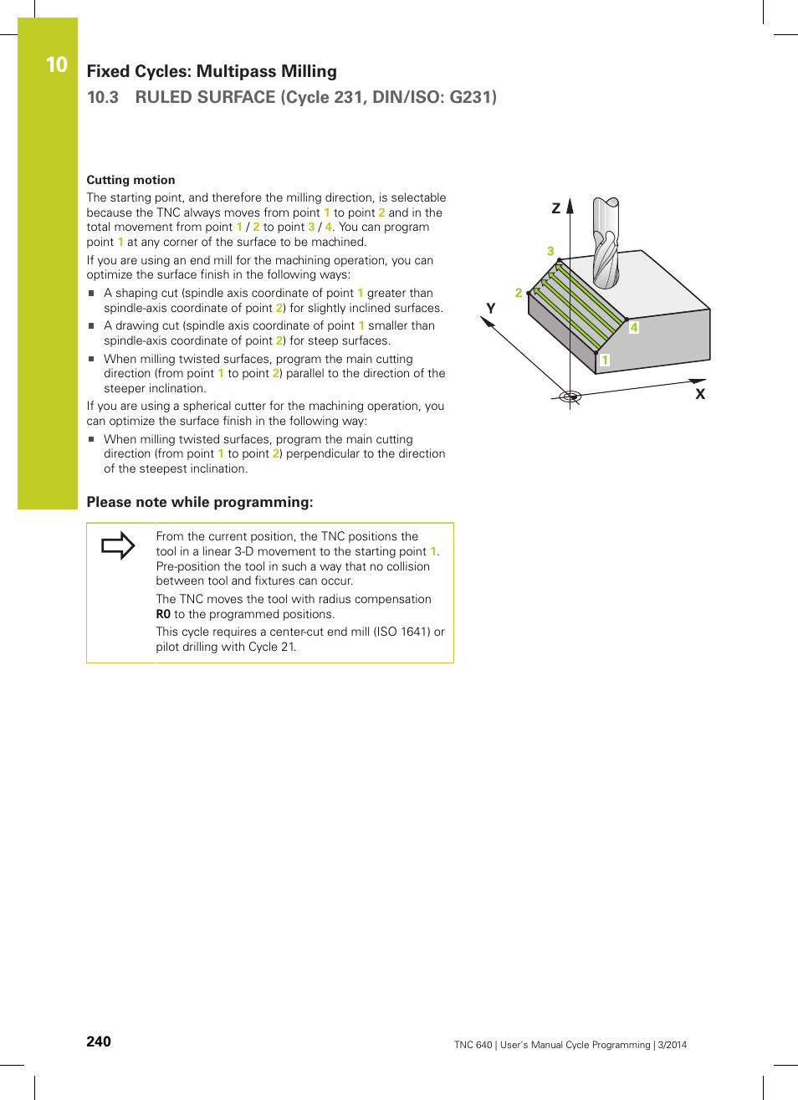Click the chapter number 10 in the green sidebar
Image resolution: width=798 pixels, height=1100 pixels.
pyautogui.click(x=56, y=64)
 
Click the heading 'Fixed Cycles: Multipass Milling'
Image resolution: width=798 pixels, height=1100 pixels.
pyautogui.click(x=212, y=72)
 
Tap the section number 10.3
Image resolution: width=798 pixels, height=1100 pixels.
pyautogui.click(x=103, y=97)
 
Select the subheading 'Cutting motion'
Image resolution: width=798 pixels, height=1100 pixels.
pyautogui.click(x=130, y=180)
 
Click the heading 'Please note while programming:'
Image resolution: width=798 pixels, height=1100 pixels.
pyautogui.click(x=200, y=502)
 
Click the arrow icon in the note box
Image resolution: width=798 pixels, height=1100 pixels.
pyautogui.click(x=118, y=545)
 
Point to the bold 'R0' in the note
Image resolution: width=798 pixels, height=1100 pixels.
pyautogui.click(x=163, y=614)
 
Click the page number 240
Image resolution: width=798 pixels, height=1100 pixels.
pyautogui.click(x=99, y=1041)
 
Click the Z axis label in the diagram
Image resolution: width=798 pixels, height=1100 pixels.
pyautogui.click(x=555, y=208)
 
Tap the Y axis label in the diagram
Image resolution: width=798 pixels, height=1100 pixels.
pyautogui.click(x=491, y=309)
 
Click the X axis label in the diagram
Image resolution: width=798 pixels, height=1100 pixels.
pyautogui.click(x=700, y=394)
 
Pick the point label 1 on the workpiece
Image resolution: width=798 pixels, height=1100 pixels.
pyautogui.click(x=605, y=360)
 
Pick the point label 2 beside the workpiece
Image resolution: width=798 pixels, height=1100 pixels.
pyautogui.click(x=519, y=293)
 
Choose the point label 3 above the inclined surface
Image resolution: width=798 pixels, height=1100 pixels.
pyautogui.click(x=550, y=251)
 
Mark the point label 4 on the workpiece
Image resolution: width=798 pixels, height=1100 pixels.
pyautogui.click(x=634, y=328)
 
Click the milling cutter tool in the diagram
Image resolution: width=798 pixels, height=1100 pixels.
pyautogui.click(x=606, y=243)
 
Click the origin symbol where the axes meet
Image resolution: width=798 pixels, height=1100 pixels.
pyautogui.click(x=570, y=397)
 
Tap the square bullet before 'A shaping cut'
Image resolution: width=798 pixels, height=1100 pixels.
pyautogui.click(x=92, y=294)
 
